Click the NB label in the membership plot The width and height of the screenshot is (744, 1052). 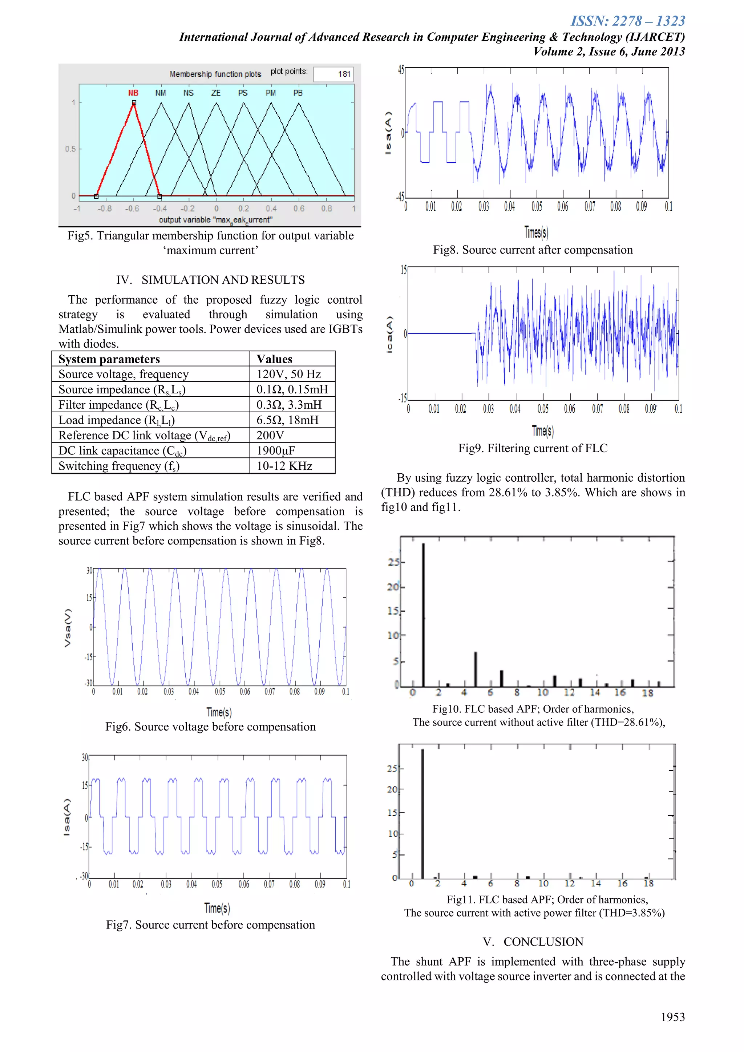click(133, 93)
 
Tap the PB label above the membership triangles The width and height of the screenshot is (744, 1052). click(298, 93)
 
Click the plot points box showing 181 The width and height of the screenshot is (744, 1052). click(333, 74)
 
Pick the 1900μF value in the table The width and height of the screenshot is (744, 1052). click(276, 450)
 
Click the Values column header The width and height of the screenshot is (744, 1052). click(274, 359)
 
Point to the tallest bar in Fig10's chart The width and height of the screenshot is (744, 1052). click(423, 614)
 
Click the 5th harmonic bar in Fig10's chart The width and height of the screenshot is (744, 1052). click(476, 669)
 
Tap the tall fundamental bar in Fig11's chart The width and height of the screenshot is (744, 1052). click(422, 813)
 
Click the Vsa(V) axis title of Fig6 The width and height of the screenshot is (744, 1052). click(68, 628)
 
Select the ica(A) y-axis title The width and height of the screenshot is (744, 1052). click(389, 335)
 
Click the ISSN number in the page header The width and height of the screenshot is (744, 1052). click(628, 21)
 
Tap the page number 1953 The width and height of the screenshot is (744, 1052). click(672, 1017)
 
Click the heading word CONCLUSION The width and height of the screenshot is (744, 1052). click(543, 942)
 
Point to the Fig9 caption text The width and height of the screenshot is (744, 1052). click(533, 448)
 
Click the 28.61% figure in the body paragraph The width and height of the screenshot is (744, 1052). click(509, 492)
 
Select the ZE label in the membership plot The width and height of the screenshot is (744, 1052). click(216, 93)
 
